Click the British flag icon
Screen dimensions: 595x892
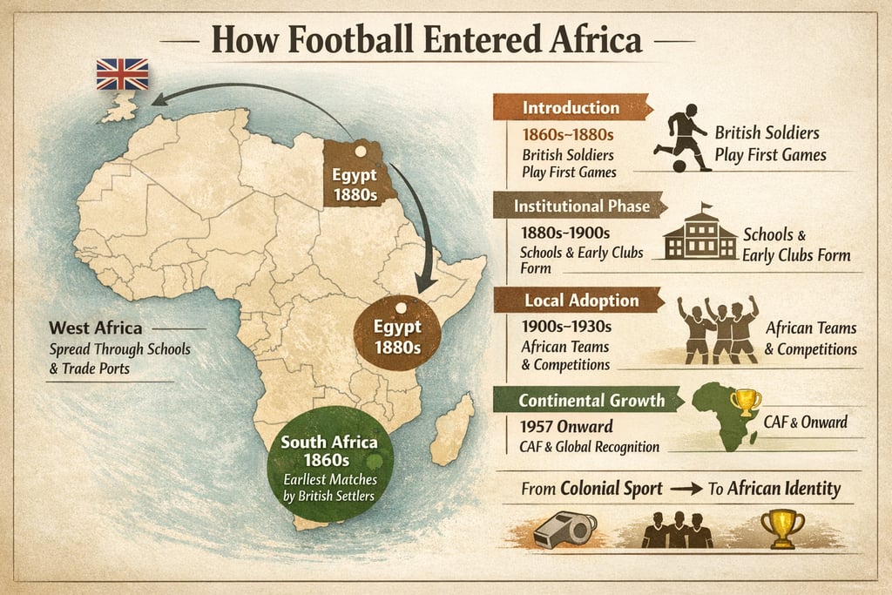coord(122,74)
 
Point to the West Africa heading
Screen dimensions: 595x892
coord(96,329)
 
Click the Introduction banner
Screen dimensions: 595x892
coord(571,108)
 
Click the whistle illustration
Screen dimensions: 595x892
coord(564,528)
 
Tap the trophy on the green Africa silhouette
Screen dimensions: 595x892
coord(746,402)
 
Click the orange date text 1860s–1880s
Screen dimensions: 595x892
coord(568,135)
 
